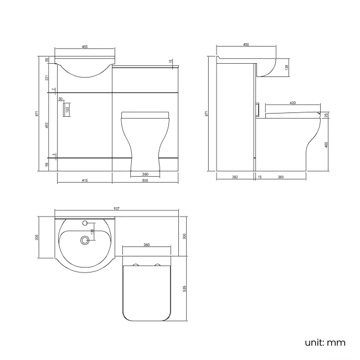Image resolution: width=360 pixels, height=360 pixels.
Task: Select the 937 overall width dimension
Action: [x=117, y=208]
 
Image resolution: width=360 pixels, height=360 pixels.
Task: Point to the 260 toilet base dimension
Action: [x=145, y=174]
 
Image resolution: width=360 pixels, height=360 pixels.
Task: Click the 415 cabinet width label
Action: [x=84, y=181]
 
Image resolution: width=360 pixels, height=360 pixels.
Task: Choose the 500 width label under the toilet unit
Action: [x=145, y=181]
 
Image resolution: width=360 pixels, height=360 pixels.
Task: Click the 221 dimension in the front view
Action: [x=47, y=77]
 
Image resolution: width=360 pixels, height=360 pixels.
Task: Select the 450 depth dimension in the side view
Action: [x=245, y=45]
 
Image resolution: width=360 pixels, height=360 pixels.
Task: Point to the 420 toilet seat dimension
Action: [x=291, y=102]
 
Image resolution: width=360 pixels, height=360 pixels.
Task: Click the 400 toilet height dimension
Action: [x=327, y=145]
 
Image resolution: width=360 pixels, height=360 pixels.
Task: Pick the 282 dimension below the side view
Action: [x=235, y=177]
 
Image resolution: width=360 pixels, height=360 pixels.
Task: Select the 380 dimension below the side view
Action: [x=280, y=177]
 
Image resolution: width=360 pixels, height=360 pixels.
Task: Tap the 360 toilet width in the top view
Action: [x=146, y=245]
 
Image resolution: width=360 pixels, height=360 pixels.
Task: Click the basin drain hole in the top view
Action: [x=85, y=240]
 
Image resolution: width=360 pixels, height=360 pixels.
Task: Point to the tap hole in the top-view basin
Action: [x=85, y=224]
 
